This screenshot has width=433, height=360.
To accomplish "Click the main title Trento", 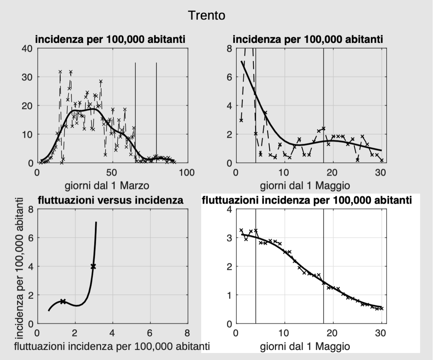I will (x=206, y=15).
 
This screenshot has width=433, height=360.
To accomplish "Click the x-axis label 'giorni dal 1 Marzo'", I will (x=107, y=185).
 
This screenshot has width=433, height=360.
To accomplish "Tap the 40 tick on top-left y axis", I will (x=27, y=48).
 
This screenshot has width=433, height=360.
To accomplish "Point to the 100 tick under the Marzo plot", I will (x=188, y=172).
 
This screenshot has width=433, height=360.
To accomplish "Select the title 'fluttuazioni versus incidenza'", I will (x=110, y=200).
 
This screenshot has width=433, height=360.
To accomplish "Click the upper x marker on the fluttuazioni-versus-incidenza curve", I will (x=93, y=267).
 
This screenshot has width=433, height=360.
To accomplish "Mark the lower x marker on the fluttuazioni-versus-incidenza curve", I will (x=63, y=301).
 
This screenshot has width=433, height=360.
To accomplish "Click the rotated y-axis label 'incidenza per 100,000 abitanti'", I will (x=20, y=268).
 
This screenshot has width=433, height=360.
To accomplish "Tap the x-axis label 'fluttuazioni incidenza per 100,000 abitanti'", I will (x=112, y=346).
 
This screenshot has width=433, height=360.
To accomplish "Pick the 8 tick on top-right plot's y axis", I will (x=229, y=48).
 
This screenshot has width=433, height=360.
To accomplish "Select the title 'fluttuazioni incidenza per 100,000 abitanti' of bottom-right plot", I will (x=307, y=200).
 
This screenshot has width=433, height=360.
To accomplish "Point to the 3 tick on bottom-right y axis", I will (x=229, y=238).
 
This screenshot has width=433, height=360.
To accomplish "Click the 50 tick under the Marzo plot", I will (x=112, y=172).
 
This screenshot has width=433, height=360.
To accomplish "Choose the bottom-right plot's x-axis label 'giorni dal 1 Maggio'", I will (x=305, y=346).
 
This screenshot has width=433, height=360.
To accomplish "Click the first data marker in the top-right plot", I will (x=241, y=120).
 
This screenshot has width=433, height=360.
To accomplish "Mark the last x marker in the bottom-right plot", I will (x=381, y=308).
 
